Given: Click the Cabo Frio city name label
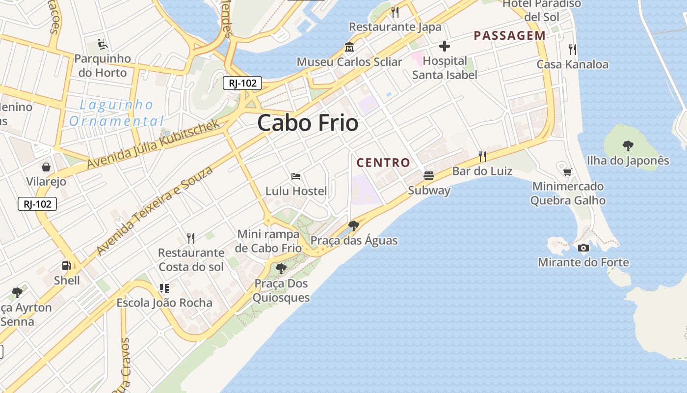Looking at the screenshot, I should [308, 123].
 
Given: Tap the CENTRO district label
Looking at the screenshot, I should [383, 163].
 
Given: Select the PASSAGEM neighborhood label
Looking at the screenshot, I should [509, 35].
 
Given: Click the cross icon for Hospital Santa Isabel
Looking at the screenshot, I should [445, 47].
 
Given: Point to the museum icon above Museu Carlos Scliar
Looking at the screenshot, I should [349, 47].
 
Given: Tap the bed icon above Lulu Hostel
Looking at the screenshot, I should [296, 176].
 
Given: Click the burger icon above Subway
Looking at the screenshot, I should [429, 176].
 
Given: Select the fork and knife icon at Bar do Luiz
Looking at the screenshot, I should [482, 157].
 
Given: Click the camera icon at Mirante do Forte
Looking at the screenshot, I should [583, 248].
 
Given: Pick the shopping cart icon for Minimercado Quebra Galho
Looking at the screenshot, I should [568, 172].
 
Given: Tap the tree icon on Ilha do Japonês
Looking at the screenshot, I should [628, 145].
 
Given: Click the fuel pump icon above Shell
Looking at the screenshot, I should [66, 266].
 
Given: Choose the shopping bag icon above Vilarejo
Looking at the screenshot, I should [46, 167].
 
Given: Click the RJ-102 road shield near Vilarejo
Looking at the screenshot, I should [37, 204].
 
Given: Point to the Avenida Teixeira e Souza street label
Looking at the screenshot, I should [155, 211].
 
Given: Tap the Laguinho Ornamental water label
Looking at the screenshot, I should [116, 113].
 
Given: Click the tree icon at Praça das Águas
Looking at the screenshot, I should [353, 226].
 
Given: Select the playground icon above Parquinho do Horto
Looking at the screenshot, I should [103, 44].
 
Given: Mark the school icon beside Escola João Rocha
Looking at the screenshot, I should [164, 288].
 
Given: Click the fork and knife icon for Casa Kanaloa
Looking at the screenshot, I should [572, 49].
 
